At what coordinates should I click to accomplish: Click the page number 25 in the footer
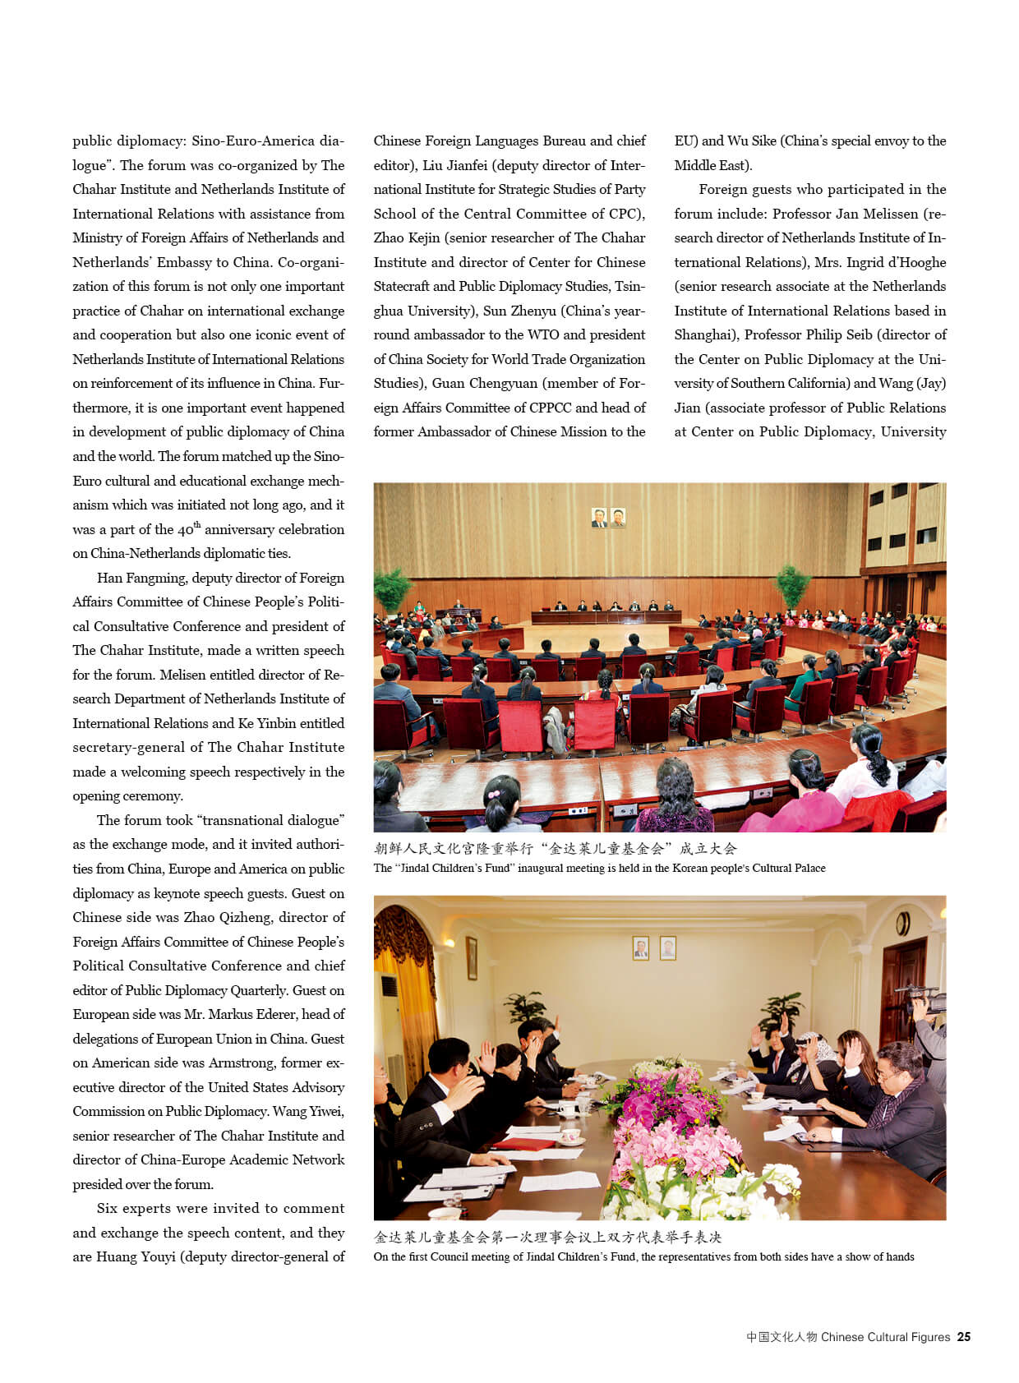point(963,1337)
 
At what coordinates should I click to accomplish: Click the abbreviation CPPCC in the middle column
point(542,408)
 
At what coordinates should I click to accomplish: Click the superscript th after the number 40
point(197,524)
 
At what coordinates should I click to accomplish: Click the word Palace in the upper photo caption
point(807,868)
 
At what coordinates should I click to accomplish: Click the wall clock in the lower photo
point(902,924)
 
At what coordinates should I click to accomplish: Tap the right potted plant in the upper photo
point(792,583)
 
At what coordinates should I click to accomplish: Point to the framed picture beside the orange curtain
point(472,957)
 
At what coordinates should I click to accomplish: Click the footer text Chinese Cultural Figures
point(885,1337)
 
